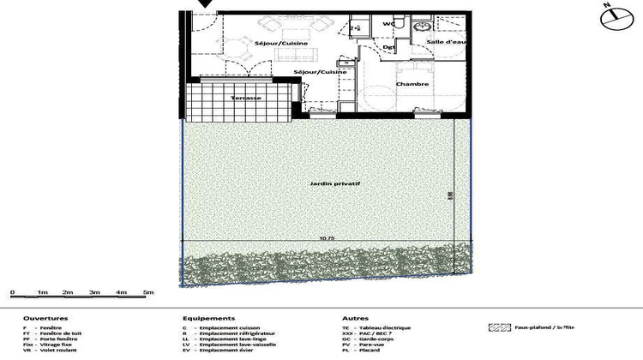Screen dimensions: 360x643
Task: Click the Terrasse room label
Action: pyautogui.click(x=247, y=99)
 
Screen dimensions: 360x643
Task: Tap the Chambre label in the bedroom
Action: pyautogui.click(x=412, y=84)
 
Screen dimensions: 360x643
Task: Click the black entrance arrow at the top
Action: pyautogui.click(x=205, y=5)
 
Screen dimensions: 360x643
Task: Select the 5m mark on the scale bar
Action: pyautogui.click(x=148, y=293)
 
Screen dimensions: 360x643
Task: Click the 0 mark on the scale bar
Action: pyautogui.click(x=13, y=293)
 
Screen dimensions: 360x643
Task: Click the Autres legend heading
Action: pyautogui.click(x=355, y=318)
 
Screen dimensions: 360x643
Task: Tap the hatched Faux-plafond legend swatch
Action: pyautogui.click(x=499, y=327)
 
